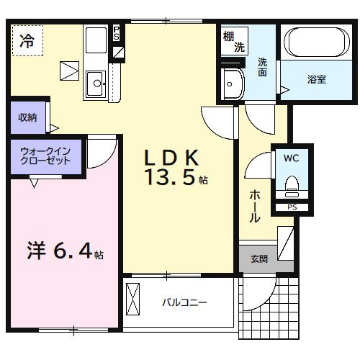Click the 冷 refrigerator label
click(27, 40)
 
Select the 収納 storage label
click(27, 117)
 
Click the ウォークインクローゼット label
click(45, 156)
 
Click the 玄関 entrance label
click(259, 258)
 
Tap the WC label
click(292, 158)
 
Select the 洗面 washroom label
click(263, 67)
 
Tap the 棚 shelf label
click(229, 37)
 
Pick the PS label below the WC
click(292, 208)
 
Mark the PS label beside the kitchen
click(117, 34)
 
